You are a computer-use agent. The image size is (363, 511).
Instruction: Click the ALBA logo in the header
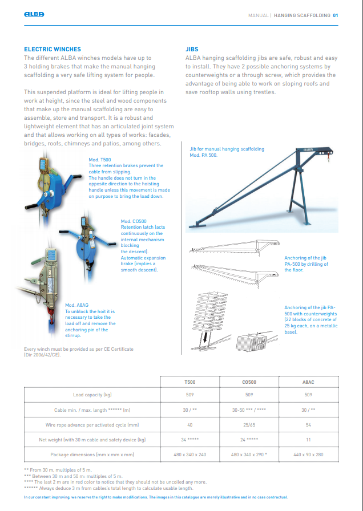[34, 15]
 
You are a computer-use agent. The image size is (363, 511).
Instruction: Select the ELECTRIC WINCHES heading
[53, 50]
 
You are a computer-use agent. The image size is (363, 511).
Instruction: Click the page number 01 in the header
[336, 15]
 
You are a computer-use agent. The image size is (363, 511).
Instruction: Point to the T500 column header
[189, 382]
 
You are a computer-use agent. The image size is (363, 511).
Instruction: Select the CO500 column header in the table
[249, 382]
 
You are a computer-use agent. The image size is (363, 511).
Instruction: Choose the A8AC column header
[308, 382]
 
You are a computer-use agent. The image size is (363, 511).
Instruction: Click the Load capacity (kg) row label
[92, 395]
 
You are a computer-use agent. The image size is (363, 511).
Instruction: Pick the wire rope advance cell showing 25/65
[249, 425]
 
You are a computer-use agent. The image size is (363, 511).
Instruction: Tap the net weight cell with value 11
[308, 440]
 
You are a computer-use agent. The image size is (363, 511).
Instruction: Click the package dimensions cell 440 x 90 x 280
[308, 455]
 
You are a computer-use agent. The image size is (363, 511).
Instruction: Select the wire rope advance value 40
[189, 425]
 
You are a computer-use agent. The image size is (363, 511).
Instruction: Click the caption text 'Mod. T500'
[100, 160]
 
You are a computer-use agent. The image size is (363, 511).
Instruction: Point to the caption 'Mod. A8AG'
[76, 305]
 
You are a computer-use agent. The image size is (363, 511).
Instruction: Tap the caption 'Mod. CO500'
[134, 221]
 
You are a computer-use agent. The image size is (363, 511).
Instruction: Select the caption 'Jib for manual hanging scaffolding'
[227, 149]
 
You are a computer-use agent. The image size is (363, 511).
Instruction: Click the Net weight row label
[92, 440]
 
